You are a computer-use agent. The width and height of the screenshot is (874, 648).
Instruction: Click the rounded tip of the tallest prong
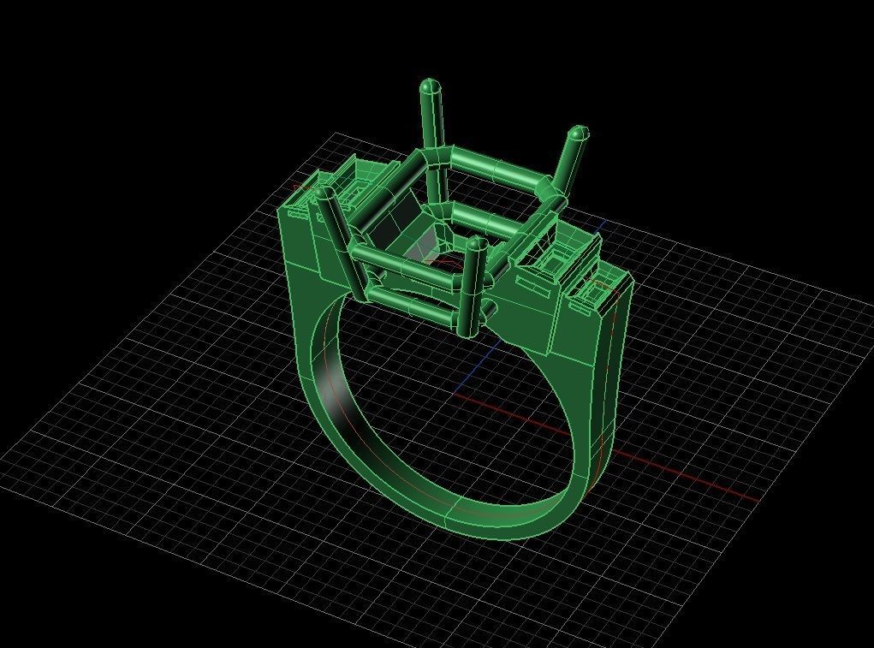(x=430, y=86)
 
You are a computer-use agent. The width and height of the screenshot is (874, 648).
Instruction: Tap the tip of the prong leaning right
(x=579, y=134)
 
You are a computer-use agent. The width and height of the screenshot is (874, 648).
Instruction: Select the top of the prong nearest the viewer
(x=477, y=246)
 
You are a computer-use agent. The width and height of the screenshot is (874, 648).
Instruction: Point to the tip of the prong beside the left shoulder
(x=324, y=195)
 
